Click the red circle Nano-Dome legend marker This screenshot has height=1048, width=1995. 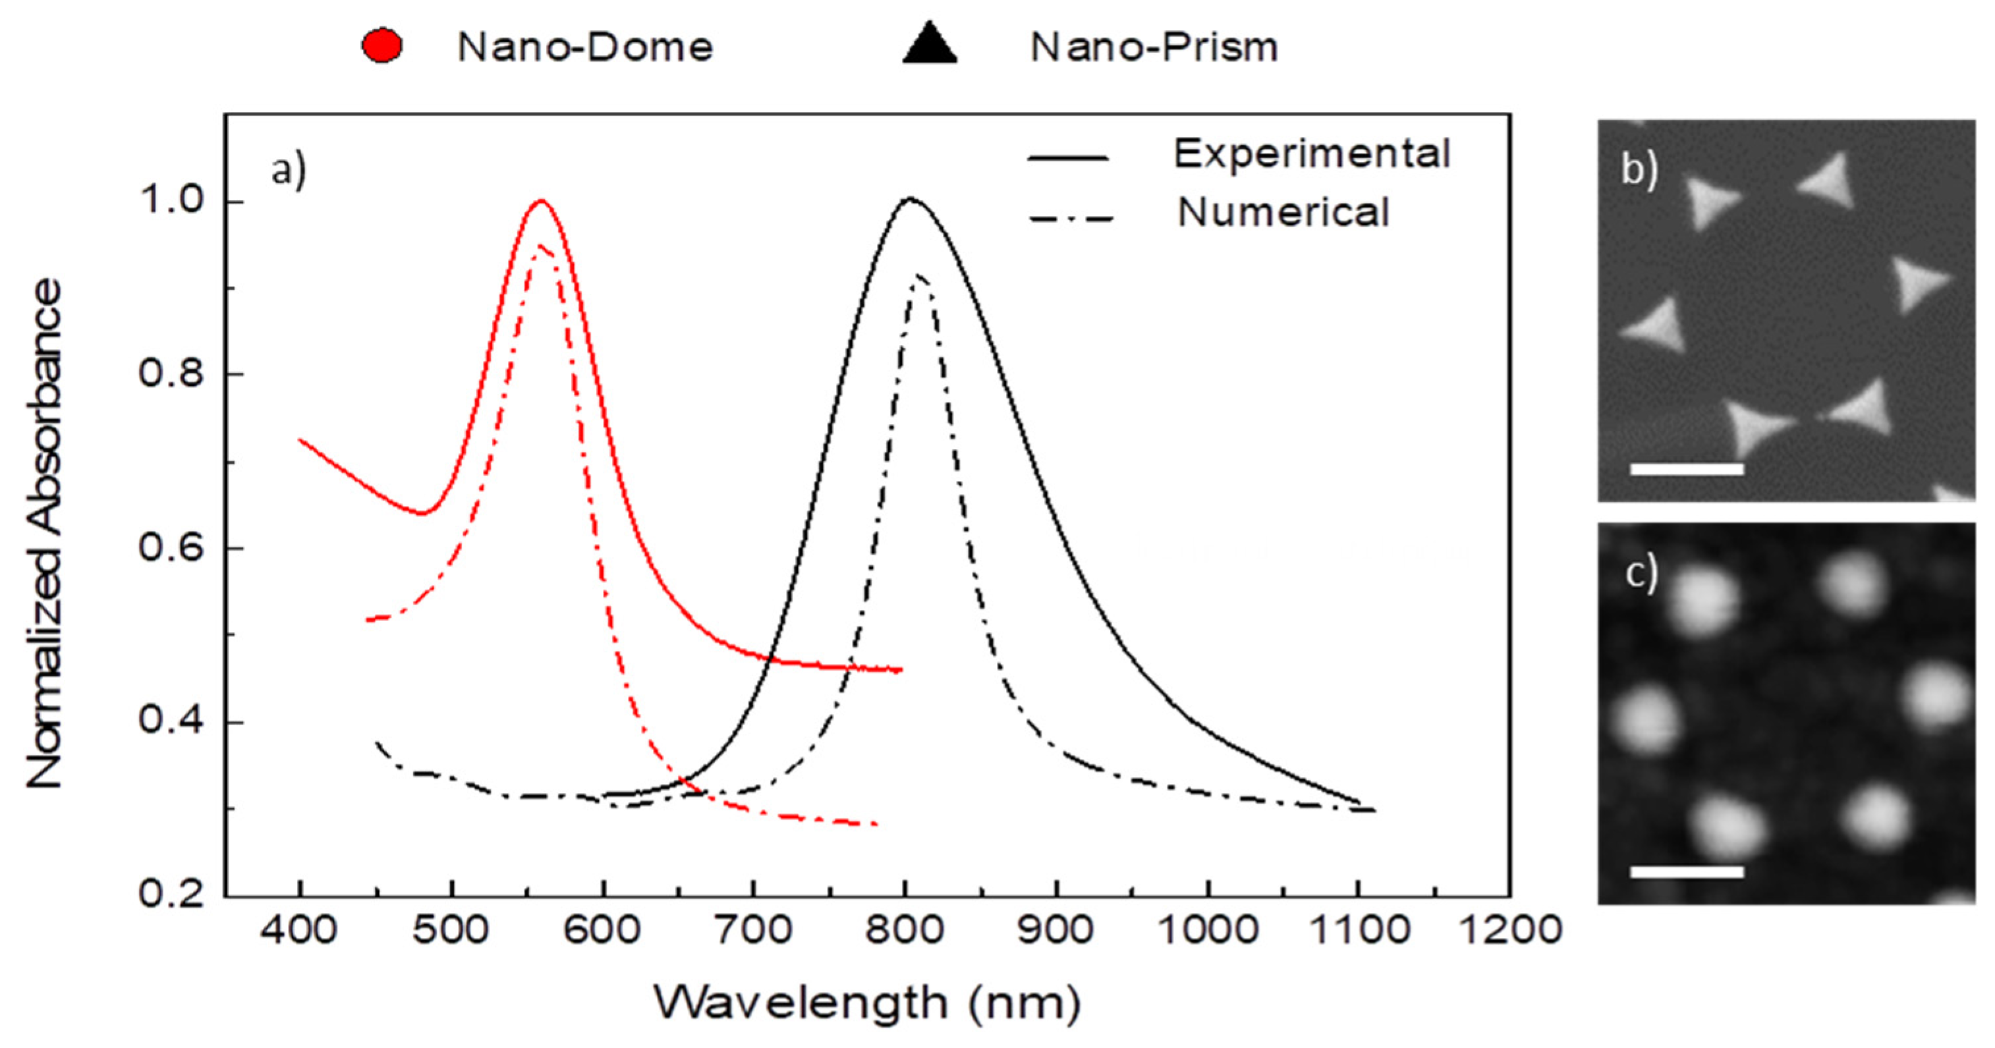click(x=382, y=47)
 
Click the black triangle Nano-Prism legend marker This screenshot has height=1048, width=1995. click(x=930, y=45)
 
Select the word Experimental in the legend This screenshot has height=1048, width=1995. click(x=1311, y=153)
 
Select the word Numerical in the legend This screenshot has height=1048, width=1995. click(x=1283, y=212)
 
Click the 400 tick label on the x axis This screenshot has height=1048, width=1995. click(x=299, y=929)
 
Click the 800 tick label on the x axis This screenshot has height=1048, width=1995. click(x=905, y=929)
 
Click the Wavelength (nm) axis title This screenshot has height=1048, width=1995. click(x=868, y=1003)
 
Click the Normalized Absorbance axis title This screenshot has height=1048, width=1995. click(x=44, y=534)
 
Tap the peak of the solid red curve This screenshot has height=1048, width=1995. click(x=542, y=202)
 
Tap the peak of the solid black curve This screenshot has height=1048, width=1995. click(x=909, y=199)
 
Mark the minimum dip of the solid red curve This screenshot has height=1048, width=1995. click(x=422, y=513)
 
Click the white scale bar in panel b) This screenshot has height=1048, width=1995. click(x=1687, y=469)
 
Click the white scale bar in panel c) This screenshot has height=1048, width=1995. click(x=1687, y=871)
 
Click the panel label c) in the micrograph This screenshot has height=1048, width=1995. click(x=1641, y=574)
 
